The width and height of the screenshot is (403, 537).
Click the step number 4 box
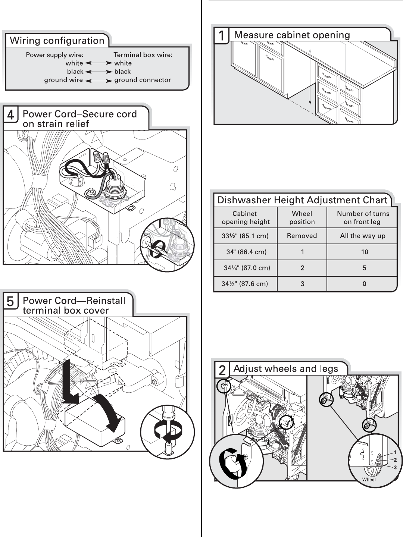(10, 115)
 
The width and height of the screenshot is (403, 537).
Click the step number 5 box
(10, 301)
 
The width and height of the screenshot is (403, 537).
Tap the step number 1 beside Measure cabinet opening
(221, 36)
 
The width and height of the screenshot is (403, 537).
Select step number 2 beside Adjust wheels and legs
(222, 370)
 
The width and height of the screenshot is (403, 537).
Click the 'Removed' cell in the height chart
(302, 236)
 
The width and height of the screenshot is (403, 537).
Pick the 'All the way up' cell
(362, 236)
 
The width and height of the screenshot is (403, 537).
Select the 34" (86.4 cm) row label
(246, 252)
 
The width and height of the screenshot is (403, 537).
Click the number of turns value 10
(365, 252)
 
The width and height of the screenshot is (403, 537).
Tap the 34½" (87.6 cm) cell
(245, 284)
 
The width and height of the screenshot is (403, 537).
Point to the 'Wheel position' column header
(302, 217)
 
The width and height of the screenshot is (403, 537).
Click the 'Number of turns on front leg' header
(363, 217)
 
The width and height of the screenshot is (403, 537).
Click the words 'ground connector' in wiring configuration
(143, 80)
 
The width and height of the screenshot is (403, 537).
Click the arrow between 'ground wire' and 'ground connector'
(99, 81)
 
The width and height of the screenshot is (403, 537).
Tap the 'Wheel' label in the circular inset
(369, 479)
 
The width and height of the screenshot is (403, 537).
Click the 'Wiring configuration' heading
(57, 40)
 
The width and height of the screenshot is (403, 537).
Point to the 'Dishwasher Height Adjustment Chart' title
(302, 200)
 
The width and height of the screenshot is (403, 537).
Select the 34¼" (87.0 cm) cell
(247, 268)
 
